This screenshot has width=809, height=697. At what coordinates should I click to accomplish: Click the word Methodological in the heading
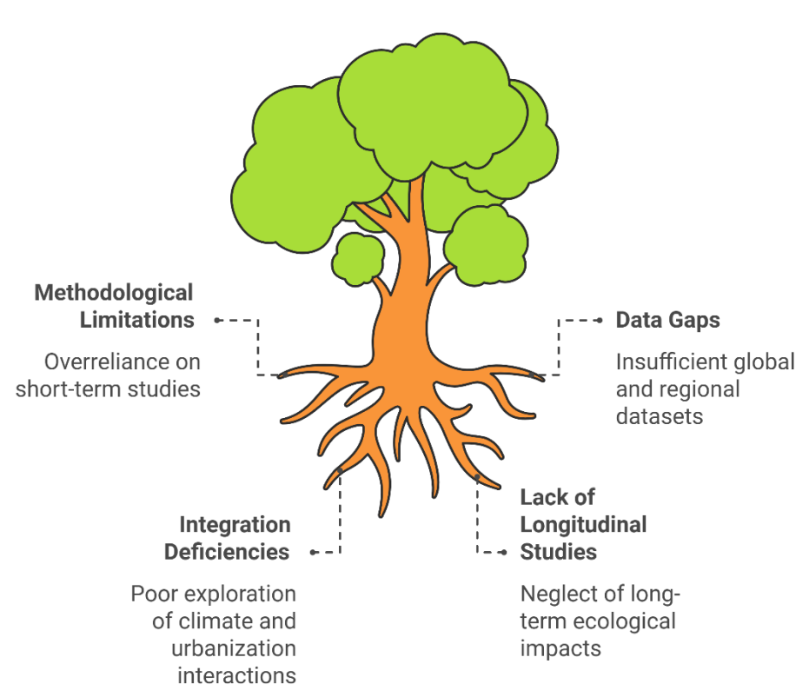point(114,294)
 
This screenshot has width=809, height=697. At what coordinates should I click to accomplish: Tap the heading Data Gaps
point(667,321)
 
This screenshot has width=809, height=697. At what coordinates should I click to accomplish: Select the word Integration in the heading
point(235,525)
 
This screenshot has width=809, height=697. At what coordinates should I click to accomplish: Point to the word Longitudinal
point(583,525)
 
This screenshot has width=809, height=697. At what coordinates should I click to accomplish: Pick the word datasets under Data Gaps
point(660,416)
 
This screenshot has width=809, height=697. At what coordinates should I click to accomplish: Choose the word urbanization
point(234,648)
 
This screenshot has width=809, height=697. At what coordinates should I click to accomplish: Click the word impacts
point(560,649)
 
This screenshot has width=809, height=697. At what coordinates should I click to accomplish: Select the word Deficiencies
point(227,552)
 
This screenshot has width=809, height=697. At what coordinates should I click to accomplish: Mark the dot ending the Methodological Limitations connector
point(216,321)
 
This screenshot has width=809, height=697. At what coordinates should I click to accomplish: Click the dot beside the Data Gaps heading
point(600,321)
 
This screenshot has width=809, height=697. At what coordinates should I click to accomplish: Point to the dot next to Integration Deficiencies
point(313,553)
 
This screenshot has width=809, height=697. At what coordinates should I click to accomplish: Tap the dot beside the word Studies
point(504,553)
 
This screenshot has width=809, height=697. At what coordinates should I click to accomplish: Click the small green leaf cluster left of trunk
point(358,259)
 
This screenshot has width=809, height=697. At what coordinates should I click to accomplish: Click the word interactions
point(237,675)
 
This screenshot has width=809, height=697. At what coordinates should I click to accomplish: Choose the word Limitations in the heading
point(136,321)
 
